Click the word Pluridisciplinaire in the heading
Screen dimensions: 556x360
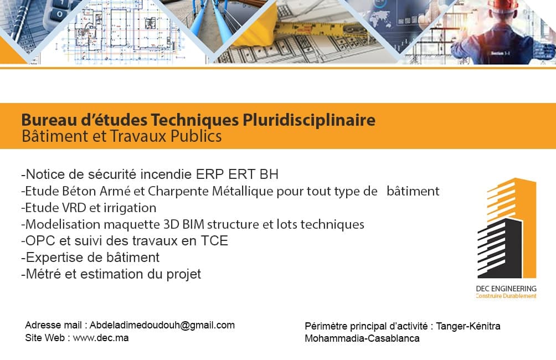pos(309,120)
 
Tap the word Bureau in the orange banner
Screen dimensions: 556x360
pos(49,120)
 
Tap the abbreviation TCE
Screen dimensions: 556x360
pos(214,241)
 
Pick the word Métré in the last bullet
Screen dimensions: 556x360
pos(43,274)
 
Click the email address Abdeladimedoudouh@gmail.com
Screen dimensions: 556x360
pos(162,325)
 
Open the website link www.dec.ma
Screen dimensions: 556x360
pos(101,338)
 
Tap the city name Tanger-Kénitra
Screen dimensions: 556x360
pos(468,326)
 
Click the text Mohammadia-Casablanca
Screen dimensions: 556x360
pos(362,338)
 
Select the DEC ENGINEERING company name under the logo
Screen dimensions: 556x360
pos(506,289)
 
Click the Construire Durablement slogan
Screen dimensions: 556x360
pos(506,296)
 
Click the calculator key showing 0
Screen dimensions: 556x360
pos(60,14)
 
